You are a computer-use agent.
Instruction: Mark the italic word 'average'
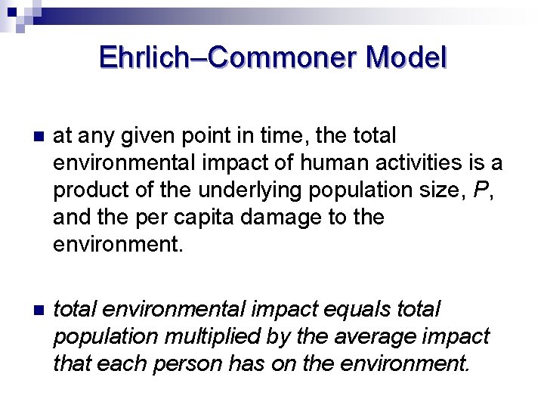pos(380,337)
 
